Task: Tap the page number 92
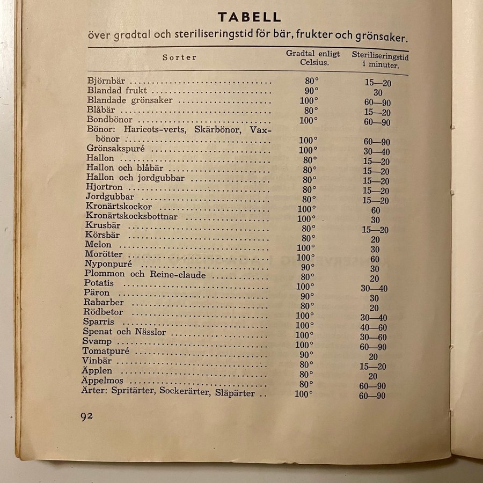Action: [x=86, y=416]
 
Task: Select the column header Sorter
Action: [x=180, y=57]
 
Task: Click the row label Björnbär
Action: [x=106, y=80]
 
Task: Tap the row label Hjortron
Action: [x=104, y=187]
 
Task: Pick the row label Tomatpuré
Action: [x=106, y=351]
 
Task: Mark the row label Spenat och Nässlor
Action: [x=125, y=332]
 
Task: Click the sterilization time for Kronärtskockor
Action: [x=375, y=210]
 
